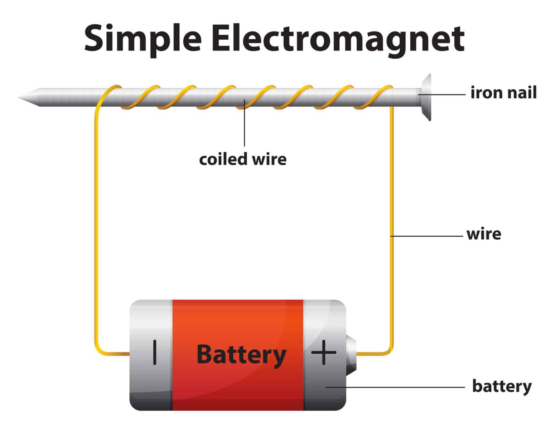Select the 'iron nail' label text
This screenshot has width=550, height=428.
(503, 93)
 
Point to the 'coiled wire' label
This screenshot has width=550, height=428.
(243, 159)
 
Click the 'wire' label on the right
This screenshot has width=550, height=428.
(483, 234)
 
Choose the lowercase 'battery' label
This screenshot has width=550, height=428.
(502, 387)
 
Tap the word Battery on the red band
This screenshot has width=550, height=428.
(241, 355)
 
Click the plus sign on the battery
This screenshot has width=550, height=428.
(324, 353)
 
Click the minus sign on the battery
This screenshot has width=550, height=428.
(155, 353)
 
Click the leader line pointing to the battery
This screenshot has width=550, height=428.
(394, 387)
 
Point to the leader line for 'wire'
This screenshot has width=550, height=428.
(426, 236)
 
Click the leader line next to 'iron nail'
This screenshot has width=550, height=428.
(444, 95)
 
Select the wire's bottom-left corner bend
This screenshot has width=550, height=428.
(98, 350)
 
